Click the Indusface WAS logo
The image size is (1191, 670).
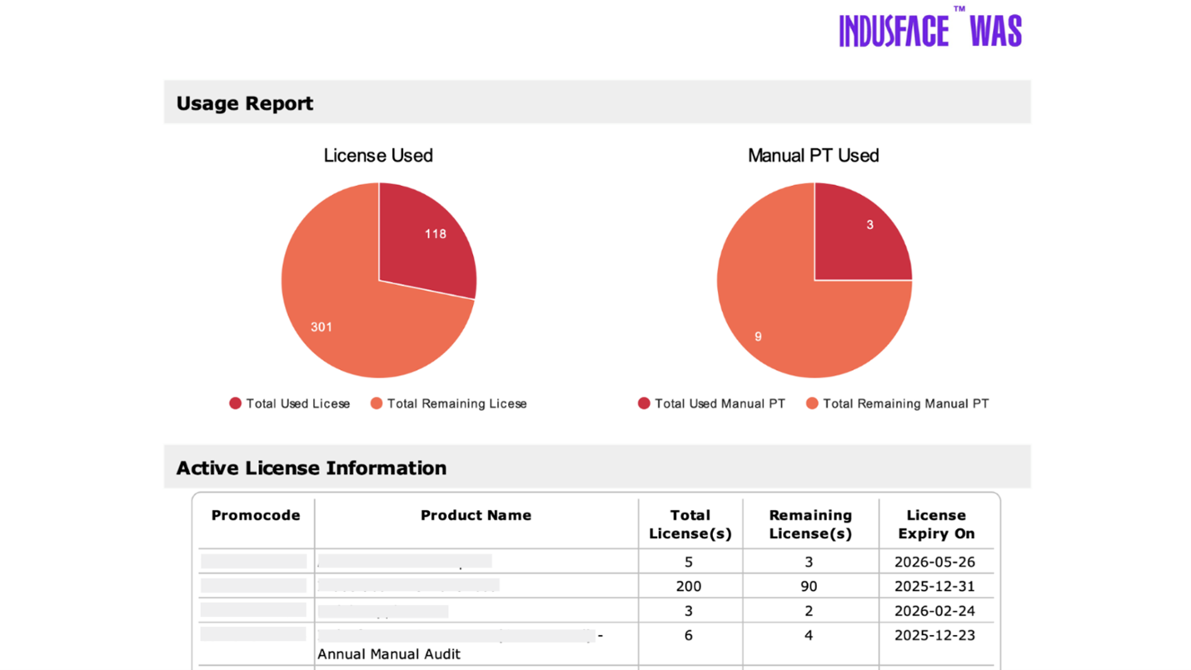point(929,30)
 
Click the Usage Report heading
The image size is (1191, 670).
point(245,103)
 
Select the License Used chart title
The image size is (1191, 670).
point(378,156)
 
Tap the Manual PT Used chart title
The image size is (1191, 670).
point(813,156)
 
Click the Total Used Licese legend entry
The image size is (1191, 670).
point(290,403)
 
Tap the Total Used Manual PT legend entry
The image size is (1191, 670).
point(711,403)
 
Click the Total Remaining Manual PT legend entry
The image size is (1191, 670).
point(897,403)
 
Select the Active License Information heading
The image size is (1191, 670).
point(311,467)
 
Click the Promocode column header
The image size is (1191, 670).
point(256,515)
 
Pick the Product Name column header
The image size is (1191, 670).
point(476,515)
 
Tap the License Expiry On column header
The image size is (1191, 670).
point(935,524)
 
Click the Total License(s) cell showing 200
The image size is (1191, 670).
point(689,586)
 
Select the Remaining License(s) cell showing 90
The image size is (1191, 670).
point(809,586)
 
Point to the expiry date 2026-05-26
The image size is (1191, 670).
point(934,562)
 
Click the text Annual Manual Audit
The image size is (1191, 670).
point(388,654)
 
